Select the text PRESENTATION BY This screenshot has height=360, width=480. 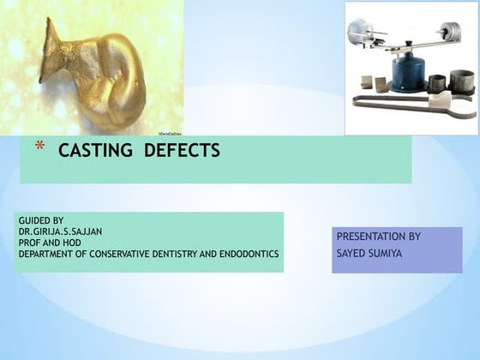click(378, 236)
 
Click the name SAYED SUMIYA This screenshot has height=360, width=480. click(369, 254)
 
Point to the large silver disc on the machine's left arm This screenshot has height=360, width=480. click(357, 33)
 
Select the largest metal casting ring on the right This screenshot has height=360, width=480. click(462, 82)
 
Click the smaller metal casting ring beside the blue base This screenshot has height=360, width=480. click(436, 84)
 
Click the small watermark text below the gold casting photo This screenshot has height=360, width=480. click(171, 135)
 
